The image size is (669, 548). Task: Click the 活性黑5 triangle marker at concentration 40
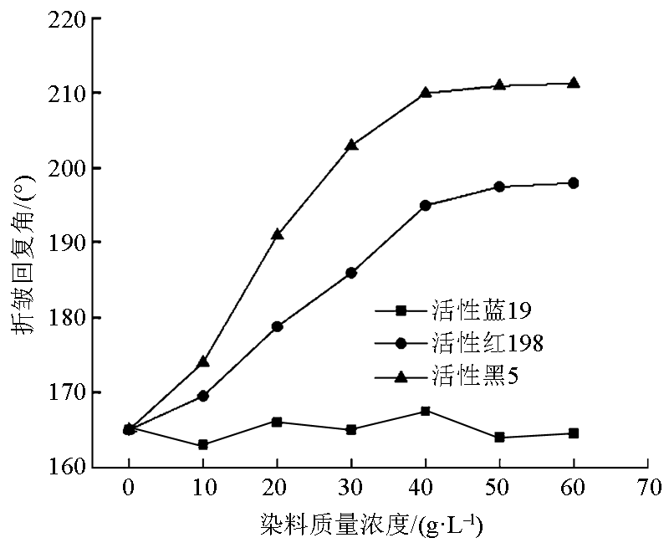[x=425, y=92]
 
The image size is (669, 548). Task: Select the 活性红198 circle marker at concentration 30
[x=351, y=273]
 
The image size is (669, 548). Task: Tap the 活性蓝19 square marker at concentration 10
[x=203, y=444]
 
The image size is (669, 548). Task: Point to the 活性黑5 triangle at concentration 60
[x=574, y=83]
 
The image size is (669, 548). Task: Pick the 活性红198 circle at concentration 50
[x=499, y=187]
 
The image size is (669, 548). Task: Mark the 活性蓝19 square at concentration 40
[x=425, y=411]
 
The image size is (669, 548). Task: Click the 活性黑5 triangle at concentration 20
[x=277, y=234]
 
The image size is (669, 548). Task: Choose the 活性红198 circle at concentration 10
[x=203, y=396]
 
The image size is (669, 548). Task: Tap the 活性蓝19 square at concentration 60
[x=574, y=433]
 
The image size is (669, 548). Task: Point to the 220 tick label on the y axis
[x=67, y=18]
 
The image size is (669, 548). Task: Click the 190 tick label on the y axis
[x=67, y=243]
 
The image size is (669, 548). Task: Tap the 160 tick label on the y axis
[x=67, y=467]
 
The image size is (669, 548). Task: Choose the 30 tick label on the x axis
[x=351, y=487]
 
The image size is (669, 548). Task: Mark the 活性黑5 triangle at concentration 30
[x=351, y=145]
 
